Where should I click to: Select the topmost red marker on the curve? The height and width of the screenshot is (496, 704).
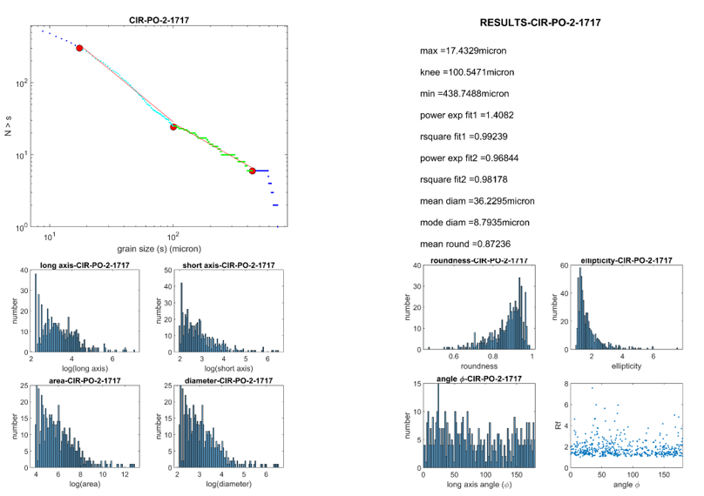[79, 48]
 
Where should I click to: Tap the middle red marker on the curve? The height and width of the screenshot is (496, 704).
[173, 127]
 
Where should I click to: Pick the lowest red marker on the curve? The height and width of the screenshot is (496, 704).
[253, 171]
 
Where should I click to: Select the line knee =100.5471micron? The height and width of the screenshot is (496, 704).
[464, 71]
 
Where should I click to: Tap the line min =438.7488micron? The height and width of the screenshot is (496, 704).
[464, 93]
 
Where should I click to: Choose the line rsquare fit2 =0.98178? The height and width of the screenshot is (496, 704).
[464, 179]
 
